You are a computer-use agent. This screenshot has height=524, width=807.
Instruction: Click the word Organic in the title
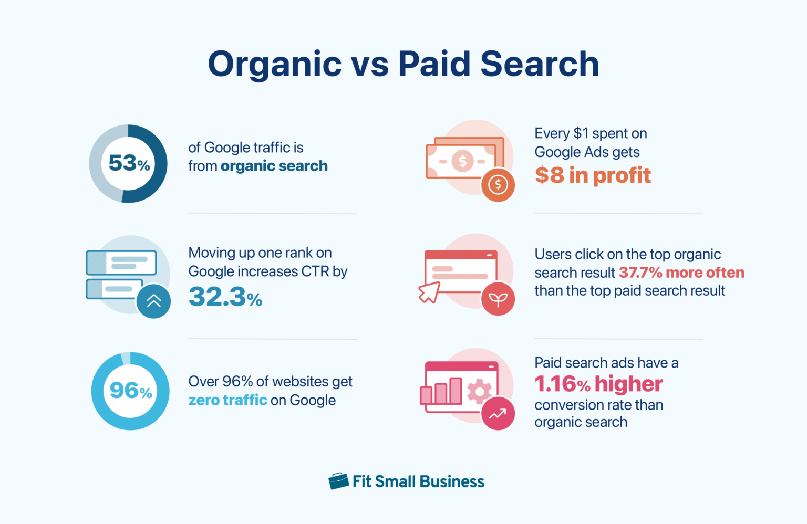[x=275, y=65]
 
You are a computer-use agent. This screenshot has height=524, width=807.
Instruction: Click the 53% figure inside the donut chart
[x=129, y=163]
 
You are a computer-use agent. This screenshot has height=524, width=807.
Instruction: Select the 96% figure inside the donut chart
[x=130, y=391]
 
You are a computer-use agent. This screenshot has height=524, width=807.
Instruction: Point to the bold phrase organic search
[x=274, y=166]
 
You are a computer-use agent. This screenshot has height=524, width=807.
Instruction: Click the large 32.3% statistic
[x=225, y=297]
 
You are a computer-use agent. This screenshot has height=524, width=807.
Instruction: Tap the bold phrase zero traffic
[x=227, y=400]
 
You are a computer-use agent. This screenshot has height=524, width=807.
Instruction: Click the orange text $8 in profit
[x=593, y=175]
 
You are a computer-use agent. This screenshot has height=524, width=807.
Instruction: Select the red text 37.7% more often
[x=681, y=273]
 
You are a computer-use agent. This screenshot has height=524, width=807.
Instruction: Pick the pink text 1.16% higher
[x=598, y=384]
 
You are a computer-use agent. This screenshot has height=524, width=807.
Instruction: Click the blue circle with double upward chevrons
[x=153, y=301]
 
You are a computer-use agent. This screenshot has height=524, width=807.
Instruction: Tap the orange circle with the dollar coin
[x=498, y=184]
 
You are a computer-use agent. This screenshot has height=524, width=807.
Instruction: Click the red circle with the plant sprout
[x=498, y=299]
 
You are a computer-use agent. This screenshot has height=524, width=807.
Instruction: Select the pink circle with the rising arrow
[x=498, y=414]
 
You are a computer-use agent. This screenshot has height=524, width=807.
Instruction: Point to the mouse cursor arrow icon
[x=429, y=292]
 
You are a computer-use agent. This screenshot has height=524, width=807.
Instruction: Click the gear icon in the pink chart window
[x=479, y=391]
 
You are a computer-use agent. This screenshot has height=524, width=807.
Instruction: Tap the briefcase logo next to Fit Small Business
[x=338, y=480]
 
